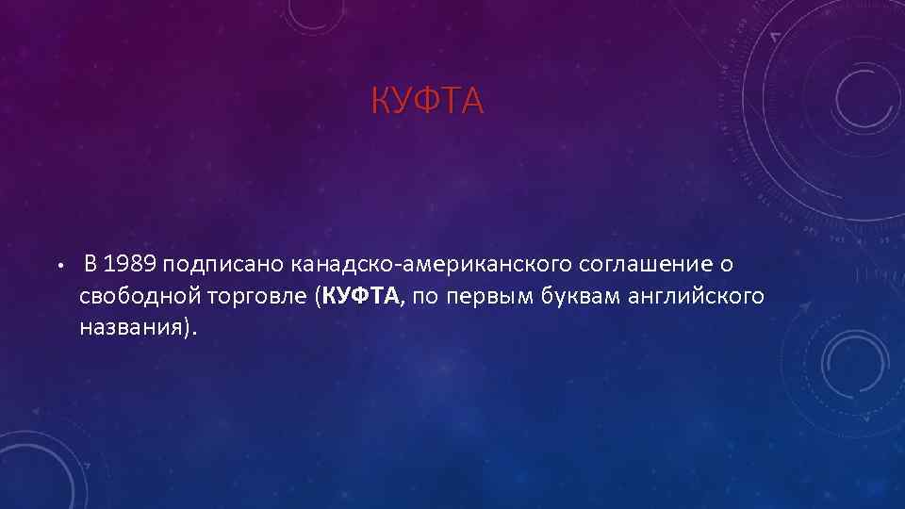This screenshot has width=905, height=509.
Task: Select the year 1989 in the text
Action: click(130, 261)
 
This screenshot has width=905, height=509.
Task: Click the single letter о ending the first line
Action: click(727, 262)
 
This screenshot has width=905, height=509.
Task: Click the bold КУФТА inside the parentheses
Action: click(361, 296)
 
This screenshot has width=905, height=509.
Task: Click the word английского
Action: click(702, 296)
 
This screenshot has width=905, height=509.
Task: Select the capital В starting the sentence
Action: click(90, 261)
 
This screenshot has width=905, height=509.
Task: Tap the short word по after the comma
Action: click(425, 296)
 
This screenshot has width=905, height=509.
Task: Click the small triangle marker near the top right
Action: click(775, 36)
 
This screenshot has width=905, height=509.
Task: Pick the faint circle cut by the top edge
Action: click(316, 9)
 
